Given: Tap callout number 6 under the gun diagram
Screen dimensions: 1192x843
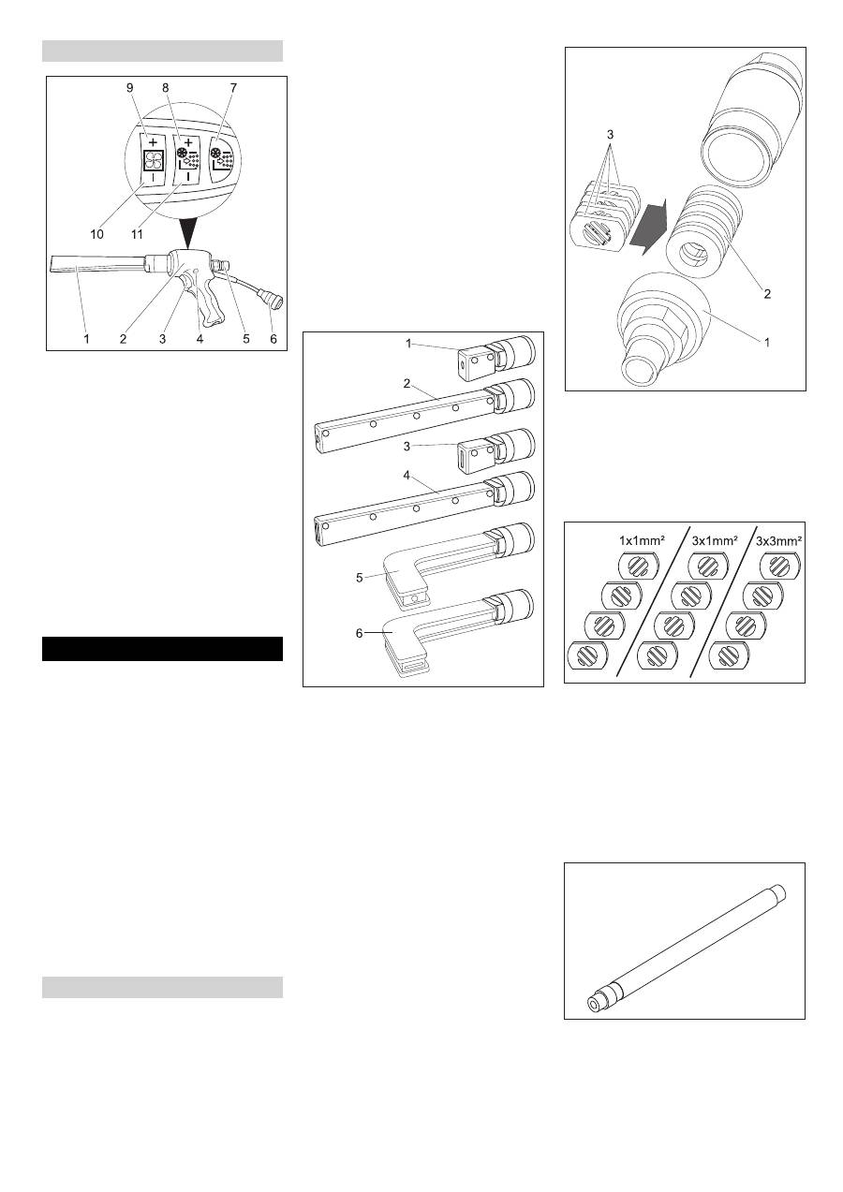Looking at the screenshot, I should [x=274, y=339].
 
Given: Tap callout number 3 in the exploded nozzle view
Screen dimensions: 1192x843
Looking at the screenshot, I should [x=610, y=134].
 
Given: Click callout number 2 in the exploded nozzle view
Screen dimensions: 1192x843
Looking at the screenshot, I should [x=768, y=293].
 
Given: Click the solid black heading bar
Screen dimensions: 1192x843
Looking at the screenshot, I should [x=162, y=648].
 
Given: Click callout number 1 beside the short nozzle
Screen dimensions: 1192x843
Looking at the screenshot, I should [x=407, y=345].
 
